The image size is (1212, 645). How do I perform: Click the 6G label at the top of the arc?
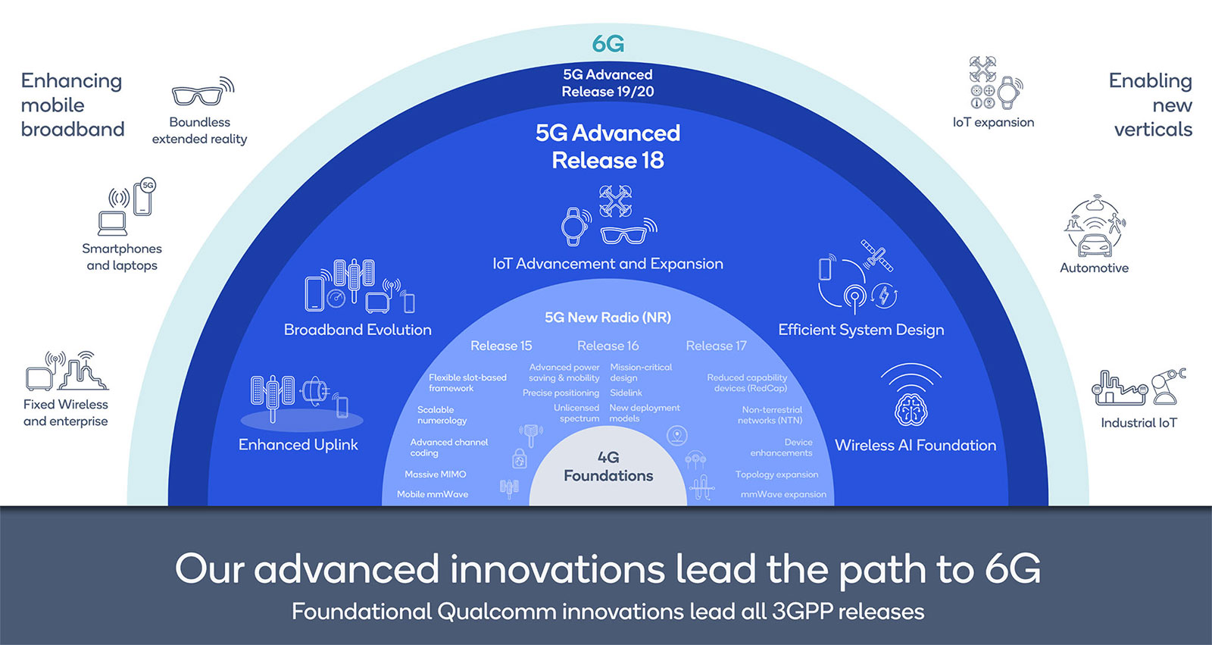point(608,44)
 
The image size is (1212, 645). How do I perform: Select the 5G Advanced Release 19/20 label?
point(608,83)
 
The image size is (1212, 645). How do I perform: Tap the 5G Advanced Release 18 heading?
point(608,146)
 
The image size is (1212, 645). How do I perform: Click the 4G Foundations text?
point(608,466)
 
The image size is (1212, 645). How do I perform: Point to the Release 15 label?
point(501,346)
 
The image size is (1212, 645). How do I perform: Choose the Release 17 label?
point(716,346)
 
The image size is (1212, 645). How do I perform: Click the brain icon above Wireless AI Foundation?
point(911,409)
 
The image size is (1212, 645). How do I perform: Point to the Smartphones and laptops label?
point(122,257)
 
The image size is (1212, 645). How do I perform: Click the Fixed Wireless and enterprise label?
point(66,412)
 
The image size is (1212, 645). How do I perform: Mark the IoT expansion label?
point(993,122)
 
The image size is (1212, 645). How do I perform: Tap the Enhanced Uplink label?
point(298,445)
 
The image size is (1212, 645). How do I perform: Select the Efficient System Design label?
point(861,330)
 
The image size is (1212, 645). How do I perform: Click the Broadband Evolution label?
point(358,330)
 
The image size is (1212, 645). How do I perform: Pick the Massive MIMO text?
point(435,474)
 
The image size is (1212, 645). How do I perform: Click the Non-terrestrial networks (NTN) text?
point(770,415)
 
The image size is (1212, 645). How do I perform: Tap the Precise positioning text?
point(561,393)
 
